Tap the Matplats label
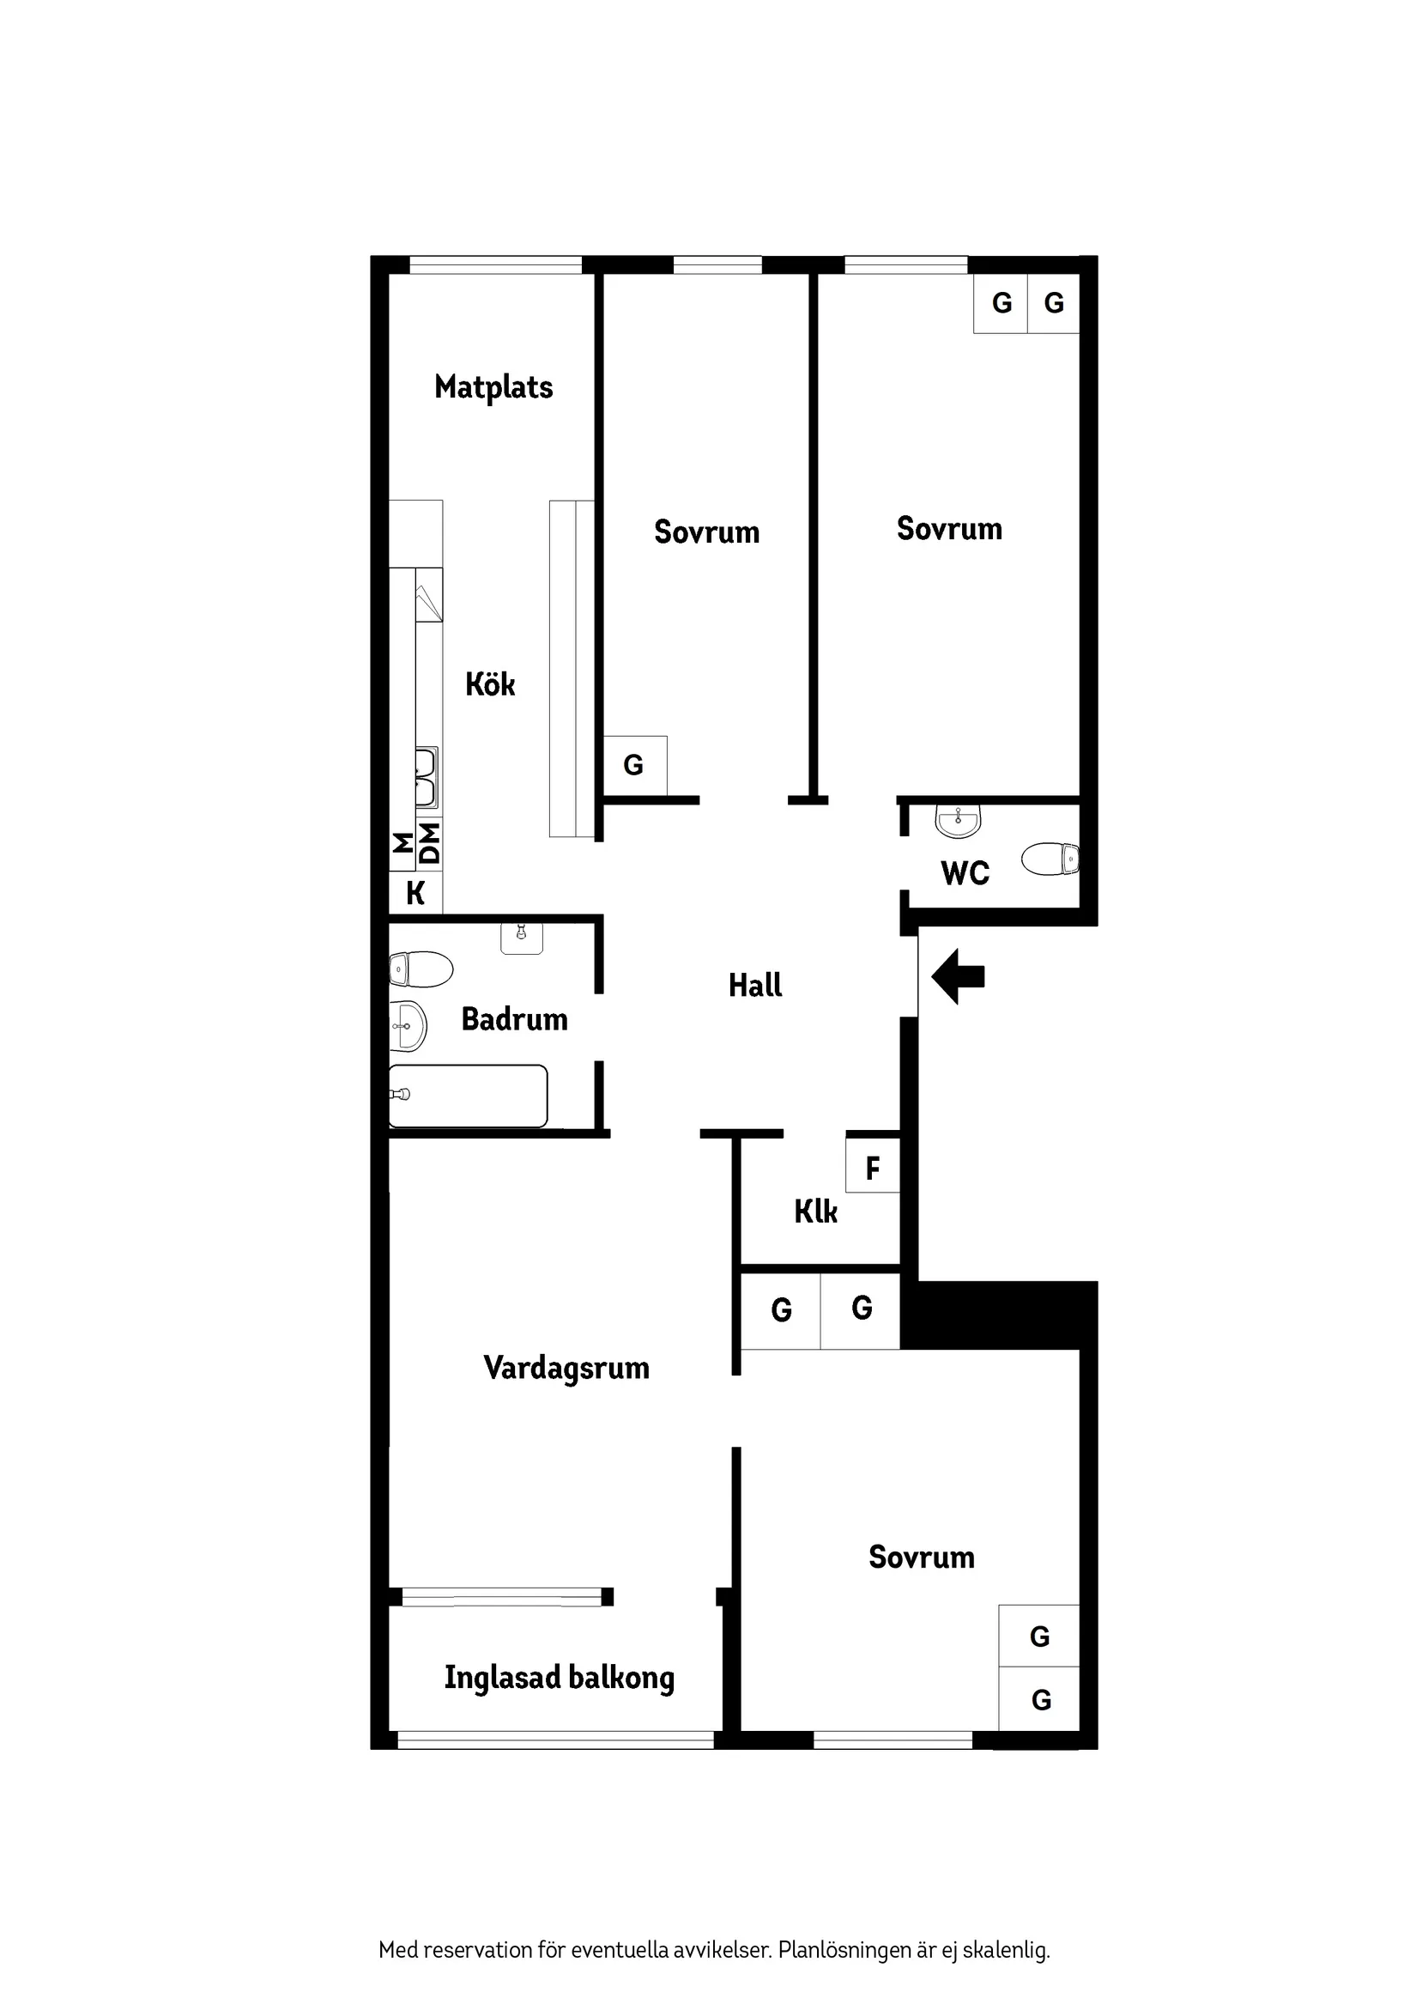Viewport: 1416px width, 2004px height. tap(493, 387)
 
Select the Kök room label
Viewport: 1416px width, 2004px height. tap(489, 684)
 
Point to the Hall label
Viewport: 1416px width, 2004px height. tap(754, 986)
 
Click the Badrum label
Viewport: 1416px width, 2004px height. tap(514, 1018)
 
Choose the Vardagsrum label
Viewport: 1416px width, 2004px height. tap(566, 1368)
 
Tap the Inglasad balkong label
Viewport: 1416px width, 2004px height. tap(560, 1677)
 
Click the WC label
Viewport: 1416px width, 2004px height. tap(965, 873)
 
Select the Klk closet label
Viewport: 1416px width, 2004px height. tap(816, 1212)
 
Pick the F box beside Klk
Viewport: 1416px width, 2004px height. tap(873, 1168)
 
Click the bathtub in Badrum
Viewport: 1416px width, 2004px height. tap(469, 1096)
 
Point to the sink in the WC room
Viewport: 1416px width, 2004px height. tap(958, 820)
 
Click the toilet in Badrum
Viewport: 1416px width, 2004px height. tap(421, 969)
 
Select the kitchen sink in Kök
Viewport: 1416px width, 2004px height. tap(426, 778)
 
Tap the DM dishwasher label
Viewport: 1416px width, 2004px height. tap(429, 843)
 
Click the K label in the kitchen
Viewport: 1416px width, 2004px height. tap(415, 893)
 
